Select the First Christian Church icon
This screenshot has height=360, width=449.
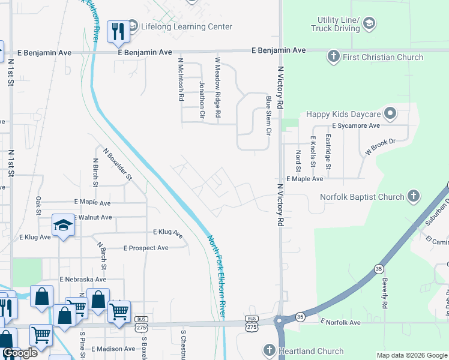coord(333,57)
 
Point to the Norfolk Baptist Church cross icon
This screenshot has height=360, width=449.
coord(412,196)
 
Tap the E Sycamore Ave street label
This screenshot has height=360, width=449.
coord(356,126)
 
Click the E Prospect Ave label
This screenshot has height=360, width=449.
coord(146,248)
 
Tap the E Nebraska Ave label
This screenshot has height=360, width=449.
coord(83,280)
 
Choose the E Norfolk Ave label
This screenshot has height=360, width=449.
coord(340,323)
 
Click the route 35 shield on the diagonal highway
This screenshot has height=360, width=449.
coord(378,269)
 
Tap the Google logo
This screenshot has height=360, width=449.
coord(20,353)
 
